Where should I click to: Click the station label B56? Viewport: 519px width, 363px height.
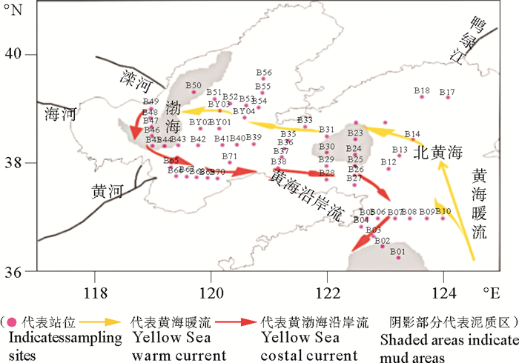click(265, 73)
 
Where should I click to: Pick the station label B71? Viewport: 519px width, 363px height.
click(230, 156)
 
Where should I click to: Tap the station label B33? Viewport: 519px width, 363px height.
click(305, 120)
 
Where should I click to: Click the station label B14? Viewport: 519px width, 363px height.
click(412, 134)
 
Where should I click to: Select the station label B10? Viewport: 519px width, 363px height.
click(443, 212)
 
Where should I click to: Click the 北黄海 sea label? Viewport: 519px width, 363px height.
click(437, 153)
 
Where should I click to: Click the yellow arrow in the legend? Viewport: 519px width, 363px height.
click(115, 323)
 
